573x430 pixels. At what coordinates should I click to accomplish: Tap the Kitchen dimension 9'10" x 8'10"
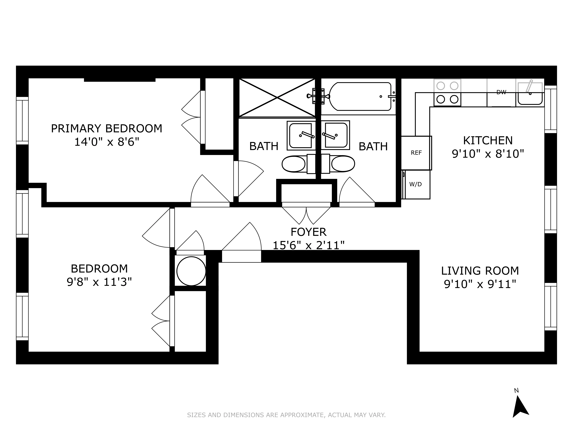click(488, 154)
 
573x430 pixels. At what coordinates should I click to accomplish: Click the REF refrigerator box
click(416, 153)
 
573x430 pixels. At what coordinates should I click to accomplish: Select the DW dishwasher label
click(501, 92)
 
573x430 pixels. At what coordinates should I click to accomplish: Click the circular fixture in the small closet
click(191, 271)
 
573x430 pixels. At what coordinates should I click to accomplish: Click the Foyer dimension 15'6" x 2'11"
click(308, 245)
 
